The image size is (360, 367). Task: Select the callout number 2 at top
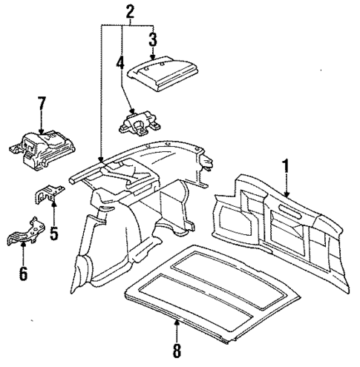[x=130, y=10]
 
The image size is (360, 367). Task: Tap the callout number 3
[x=152, y=39]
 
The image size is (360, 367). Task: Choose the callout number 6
[x=23, y=274]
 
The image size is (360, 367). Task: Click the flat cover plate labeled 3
[x=162, y=73]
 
